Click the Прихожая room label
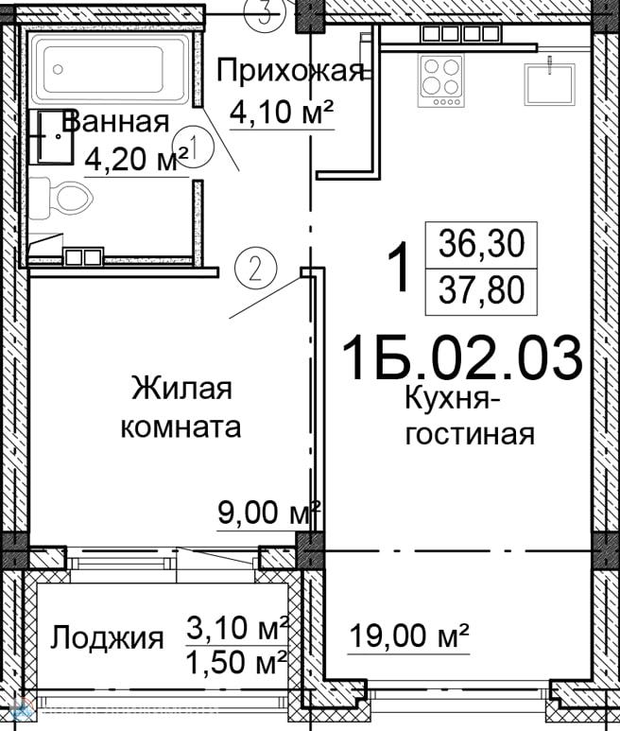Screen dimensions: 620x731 (290, 72)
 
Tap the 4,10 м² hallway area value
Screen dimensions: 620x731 (283, 112)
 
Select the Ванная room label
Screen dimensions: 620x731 (116, 122)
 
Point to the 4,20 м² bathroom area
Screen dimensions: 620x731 (137, 161)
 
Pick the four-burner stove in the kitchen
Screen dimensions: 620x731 (440, 79)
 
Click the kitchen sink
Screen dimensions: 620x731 (549, 84)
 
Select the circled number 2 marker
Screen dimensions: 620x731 (255, 269)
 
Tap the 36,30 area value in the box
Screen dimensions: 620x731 (482, 245)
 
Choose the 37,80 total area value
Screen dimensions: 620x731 (482, 289)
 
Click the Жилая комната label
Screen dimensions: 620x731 (181, 408)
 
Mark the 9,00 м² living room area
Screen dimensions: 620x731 (269, 513)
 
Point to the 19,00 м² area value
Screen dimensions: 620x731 (409, 635)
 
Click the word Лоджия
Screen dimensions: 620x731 (107, 638)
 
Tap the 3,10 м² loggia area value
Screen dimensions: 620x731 (237, 627)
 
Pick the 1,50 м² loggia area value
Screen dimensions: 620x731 (237, 662)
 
